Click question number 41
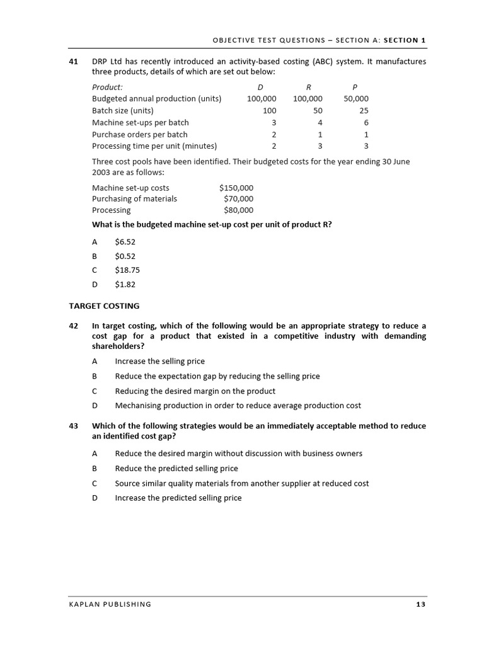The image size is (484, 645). [73, 62]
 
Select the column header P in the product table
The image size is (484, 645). [355, 87]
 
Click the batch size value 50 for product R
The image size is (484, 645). [318, 110]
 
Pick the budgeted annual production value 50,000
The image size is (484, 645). [356, 99]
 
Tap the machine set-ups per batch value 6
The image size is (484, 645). [366, 122]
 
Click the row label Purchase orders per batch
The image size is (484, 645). [140, 134]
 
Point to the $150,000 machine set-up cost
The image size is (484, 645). [236, 188]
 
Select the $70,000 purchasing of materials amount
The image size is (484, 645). [238, 199]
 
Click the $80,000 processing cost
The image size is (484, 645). [238, 210]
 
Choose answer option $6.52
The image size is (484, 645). [125, 242]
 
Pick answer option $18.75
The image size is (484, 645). [127, 270]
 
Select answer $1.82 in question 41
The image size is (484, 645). [125, 284]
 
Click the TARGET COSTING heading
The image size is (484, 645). [104, 306]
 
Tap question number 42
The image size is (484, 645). [73, 326]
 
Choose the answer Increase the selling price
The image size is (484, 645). [159, 362]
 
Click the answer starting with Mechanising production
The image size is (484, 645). [238, 406]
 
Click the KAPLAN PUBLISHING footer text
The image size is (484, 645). [110, 605]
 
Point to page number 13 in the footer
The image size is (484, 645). [421, 605]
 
